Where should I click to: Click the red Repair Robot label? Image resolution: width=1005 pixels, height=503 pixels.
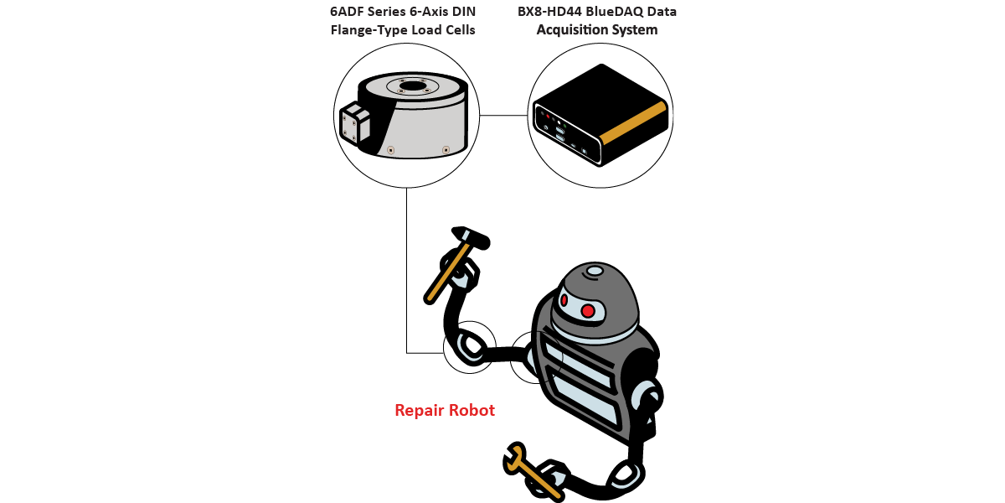445,411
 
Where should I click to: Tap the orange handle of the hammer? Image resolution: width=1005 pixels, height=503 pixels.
441,277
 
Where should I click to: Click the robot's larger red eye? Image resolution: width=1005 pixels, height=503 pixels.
588,311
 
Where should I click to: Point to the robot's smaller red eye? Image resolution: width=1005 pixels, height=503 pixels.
564,300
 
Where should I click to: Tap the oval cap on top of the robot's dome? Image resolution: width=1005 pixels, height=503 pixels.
594,271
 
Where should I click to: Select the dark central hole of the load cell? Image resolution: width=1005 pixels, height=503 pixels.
412,86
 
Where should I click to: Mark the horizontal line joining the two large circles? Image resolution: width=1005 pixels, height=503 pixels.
505,115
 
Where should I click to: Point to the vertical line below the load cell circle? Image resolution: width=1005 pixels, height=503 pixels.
406,268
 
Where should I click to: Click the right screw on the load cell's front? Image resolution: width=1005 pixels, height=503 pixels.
446,150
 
